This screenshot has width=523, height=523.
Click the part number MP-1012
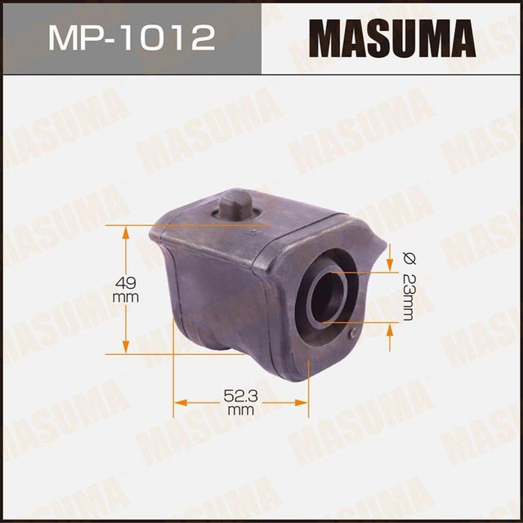[x=131, y=38]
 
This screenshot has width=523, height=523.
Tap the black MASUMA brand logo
[x=391, y=38]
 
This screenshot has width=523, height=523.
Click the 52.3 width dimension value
[x=241, y=395]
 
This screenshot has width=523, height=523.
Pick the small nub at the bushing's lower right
[x=352, y=334]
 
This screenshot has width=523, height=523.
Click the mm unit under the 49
[x=126, y=298]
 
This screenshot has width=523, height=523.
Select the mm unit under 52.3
[x=241, y=410]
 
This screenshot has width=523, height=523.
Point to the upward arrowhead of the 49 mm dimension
[x=126, y=230]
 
